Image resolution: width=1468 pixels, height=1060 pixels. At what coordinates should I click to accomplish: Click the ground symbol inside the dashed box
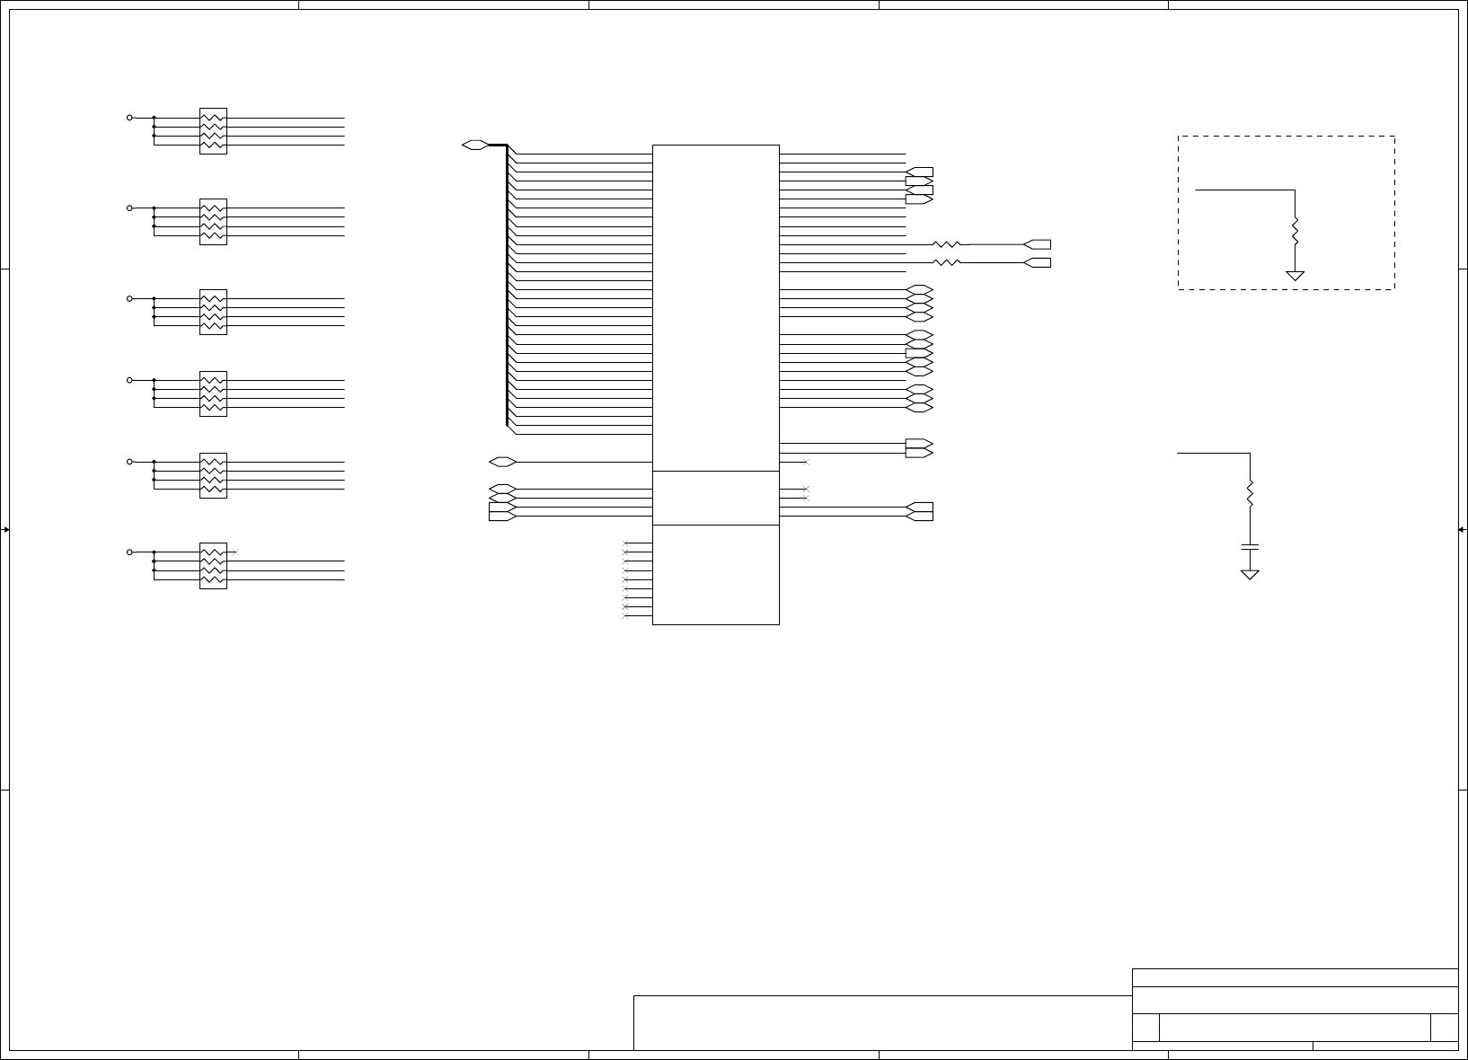pos(1295,275)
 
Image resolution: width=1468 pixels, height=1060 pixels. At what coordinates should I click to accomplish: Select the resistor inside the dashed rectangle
pos(1295,233)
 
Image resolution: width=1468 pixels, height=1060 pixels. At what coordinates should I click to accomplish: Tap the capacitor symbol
pos(1250,546)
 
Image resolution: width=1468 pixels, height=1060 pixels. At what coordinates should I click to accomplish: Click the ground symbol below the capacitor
pos(1250,574)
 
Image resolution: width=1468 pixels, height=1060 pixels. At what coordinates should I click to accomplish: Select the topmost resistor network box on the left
pos(213,131)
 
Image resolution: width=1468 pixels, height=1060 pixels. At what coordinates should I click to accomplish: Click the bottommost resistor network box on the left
pos(213,566)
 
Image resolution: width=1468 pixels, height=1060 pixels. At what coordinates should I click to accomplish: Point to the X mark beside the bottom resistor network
pos(235,552)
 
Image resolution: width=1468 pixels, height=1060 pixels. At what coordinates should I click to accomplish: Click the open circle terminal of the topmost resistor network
pos(129,118)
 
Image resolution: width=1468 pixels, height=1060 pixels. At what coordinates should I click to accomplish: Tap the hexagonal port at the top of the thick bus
pos(475,145)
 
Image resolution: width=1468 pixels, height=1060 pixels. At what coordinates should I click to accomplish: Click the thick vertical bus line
pos(507,287)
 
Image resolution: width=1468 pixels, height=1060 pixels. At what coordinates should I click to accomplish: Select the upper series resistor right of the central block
pos(947,244)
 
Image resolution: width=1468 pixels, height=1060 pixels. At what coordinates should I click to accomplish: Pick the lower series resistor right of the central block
pos(947,262)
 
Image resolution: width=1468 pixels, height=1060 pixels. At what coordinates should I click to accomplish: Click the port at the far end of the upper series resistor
pos(1038,244)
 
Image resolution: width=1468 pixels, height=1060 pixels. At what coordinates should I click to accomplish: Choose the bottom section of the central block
pos(715,575)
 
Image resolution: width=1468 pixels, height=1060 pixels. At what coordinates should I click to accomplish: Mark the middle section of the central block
pos(715,498)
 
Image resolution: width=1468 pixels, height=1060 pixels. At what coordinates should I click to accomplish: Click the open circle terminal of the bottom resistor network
pos(129,552)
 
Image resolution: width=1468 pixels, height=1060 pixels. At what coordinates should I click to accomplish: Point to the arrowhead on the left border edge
pos(5,530)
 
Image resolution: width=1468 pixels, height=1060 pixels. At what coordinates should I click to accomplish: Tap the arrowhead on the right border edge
pos(1462,530)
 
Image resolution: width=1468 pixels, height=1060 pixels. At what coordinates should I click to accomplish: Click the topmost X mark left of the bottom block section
pos(625,543)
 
